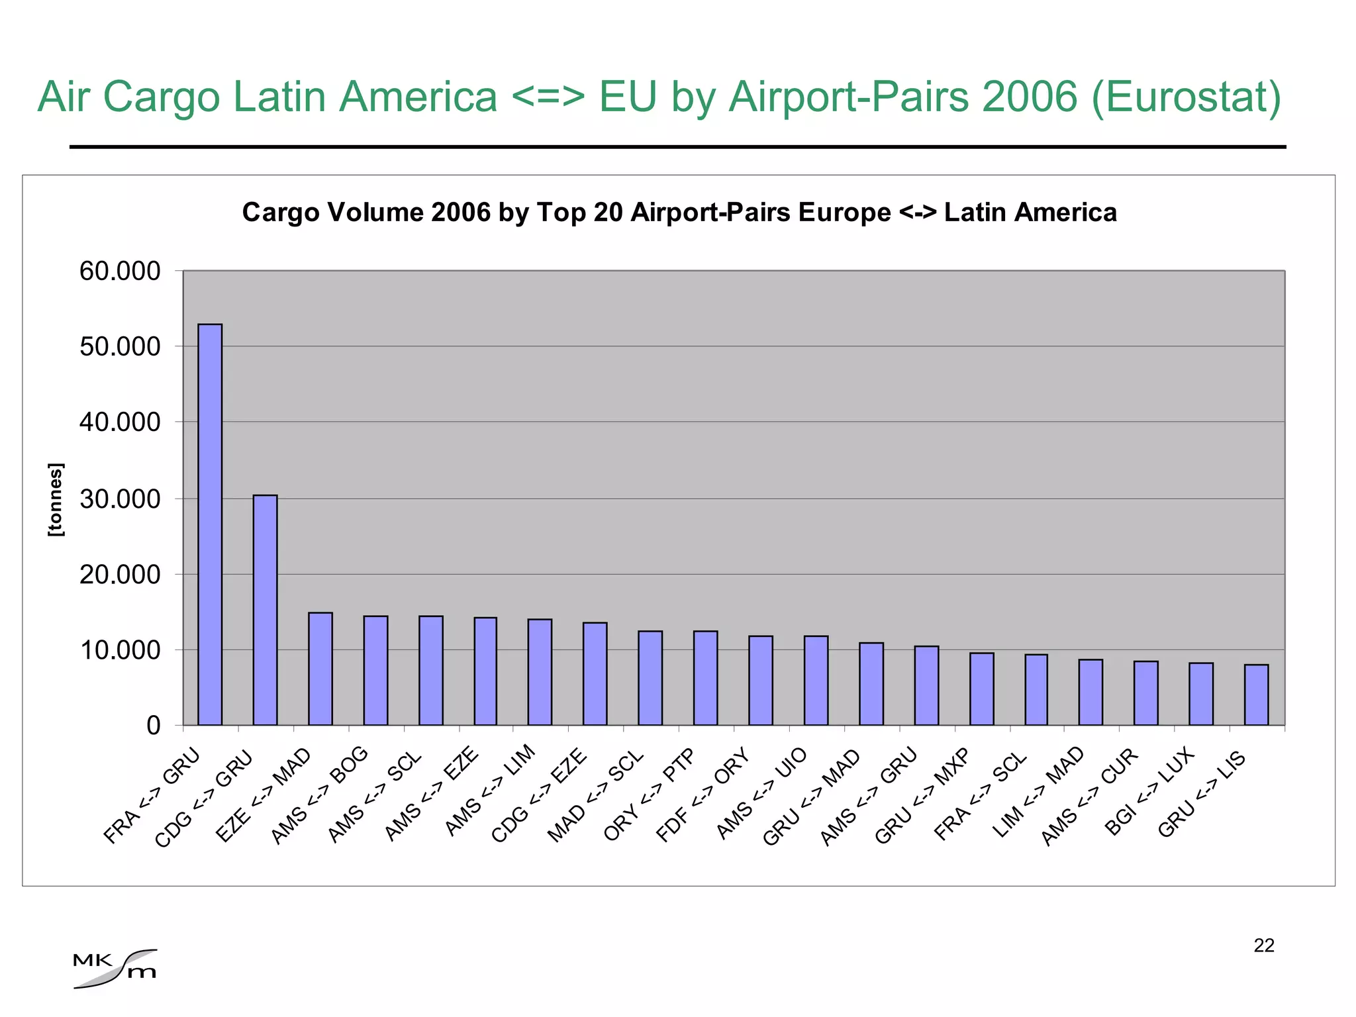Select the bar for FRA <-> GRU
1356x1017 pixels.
tap(210, 524)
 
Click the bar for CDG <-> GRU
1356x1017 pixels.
tap(265, 610)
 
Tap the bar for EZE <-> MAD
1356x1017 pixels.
tap(320, 669)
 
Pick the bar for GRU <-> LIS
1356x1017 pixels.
tap(1256, 695)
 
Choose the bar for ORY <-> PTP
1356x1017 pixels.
tap(705, 678)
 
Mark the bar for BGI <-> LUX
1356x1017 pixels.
tap(1201, 694)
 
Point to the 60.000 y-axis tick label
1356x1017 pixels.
tap(120, 271)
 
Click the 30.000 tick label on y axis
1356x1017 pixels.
tap(120, 499)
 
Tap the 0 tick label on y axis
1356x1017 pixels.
tap(153, 726)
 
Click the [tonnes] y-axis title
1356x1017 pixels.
tap(56, 500)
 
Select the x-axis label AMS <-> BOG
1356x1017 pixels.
tap(320, 795)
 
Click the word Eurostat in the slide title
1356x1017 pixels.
tap(1185, 97)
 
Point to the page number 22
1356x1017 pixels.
tap(1263, 945)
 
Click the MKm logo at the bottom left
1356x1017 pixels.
tap(115, 969)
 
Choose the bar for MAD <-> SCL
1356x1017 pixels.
tap(650, 678)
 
